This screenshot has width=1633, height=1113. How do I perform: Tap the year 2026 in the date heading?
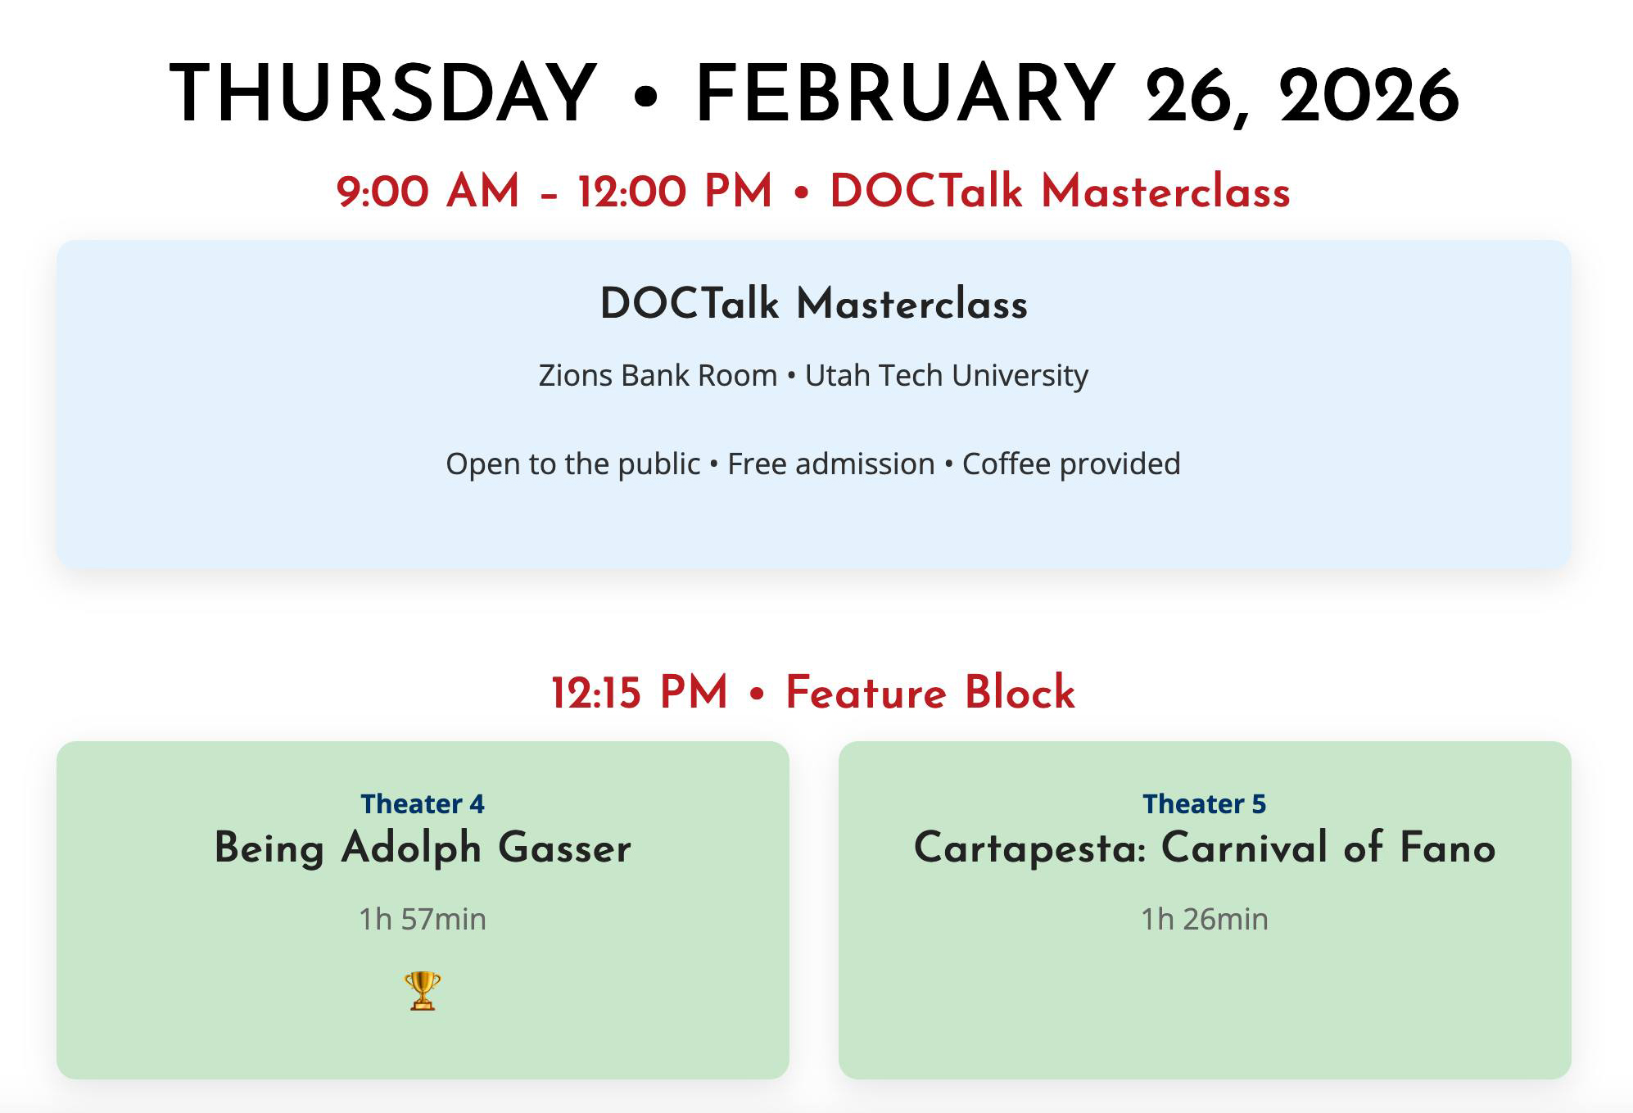tap(1368, 95)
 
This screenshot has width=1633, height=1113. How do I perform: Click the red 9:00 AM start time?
tap(427, 192)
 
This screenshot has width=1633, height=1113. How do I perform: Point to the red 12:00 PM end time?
tap(675, 192)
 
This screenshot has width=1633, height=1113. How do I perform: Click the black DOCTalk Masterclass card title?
tap(814, 303)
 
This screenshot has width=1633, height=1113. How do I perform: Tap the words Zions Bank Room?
tap(658, 375)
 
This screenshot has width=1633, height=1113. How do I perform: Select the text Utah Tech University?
tap(947, 375)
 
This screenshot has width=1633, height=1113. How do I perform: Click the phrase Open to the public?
tap(573, 464)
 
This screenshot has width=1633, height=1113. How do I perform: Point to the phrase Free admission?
tap(831, 464)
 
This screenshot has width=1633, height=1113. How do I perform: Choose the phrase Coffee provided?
tap(1071, 464)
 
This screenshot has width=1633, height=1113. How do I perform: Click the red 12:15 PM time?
tap(640, 692)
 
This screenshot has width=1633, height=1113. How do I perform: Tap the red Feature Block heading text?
tap(930, 692)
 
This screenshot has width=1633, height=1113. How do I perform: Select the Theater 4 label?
tap(423, 803)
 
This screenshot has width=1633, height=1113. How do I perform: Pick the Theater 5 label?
tap(1205, 803)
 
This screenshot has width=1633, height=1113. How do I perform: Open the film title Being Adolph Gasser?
tap(423, 848)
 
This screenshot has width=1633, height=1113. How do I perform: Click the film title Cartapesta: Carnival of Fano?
tap(1205, 848)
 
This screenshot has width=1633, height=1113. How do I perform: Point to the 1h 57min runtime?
tap(423, 919)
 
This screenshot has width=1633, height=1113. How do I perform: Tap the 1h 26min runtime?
tap(1205, 919)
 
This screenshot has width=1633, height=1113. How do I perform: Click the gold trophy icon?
tap(423, 991)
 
